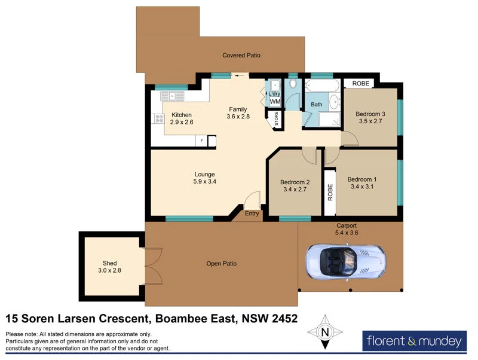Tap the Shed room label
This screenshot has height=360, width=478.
pos(110,263)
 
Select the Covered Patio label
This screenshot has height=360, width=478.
pos(241,55)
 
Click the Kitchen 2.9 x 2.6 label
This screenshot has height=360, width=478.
pos(182,118)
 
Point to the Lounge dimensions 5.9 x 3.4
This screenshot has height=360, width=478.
pos(204,181)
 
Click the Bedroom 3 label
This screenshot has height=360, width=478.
pos(370,114)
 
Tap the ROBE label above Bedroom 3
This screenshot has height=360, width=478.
pos(360,84)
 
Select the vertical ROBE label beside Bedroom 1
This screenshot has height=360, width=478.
pos(330,192)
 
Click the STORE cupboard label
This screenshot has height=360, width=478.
pos(277,119)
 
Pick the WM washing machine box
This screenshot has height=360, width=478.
pos(275,102)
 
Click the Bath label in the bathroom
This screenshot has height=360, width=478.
pos(317,105)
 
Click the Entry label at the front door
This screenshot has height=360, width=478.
pos(252,213)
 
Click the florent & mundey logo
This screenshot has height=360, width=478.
pos(413,341)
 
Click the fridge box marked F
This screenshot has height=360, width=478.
pos(201,141)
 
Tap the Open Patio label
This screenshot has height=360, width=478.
pos(222,263)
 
